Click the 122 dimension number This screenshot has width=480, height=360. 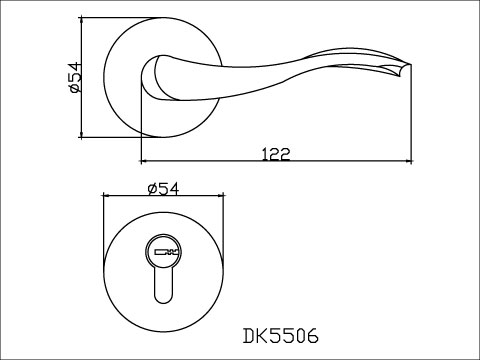pos(276,153)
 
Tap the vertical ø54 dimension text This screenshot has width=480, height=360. pos(74,77)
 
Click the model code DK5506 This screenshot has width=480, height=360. pos(280,334)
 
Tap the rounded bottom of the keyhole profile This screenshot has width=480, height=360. pos(164,300)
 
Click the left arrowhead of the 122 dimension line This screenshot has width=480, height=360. pos(146,160)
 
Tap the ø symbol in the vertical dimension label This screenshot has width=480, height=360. pos(74,91)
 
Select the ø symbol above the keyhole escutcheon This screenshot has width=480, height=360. pos(150,189)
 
